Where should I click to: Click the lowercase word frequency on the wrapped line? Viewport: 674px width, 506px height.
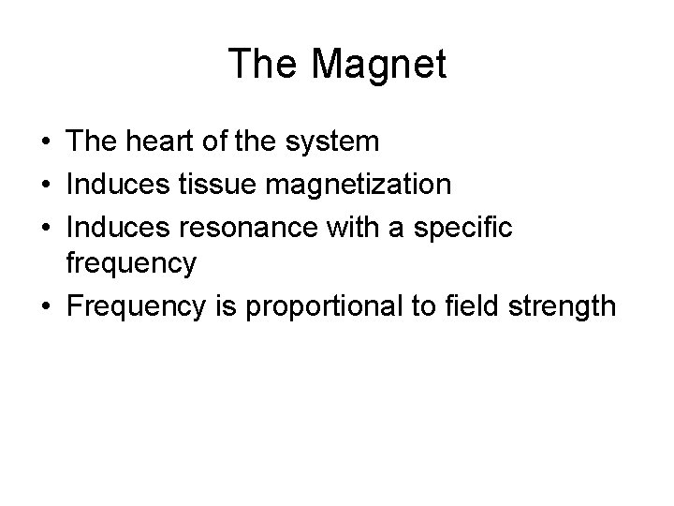coord(131,264)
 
